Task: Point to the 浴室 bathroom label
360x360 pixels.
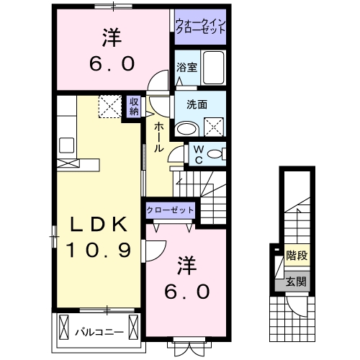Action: point(186,67)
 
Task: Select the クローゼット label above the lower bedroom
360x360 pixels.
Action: point(171,210)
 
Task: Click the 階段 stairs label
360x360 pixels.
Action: point(294,254)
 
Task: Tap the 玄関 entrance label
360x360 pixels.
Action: point(294,282)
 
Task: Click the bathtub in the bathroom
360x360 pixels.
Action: point(214,70)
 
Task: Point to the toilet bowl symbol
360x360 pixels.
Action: point(219,153)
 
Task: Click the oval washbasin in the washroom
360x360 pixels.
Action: point(186,128)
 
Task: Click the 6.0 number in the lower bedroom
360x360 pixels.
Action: point(189,291)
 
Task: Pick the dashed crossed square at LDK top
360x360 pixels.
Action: point(111,106)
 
